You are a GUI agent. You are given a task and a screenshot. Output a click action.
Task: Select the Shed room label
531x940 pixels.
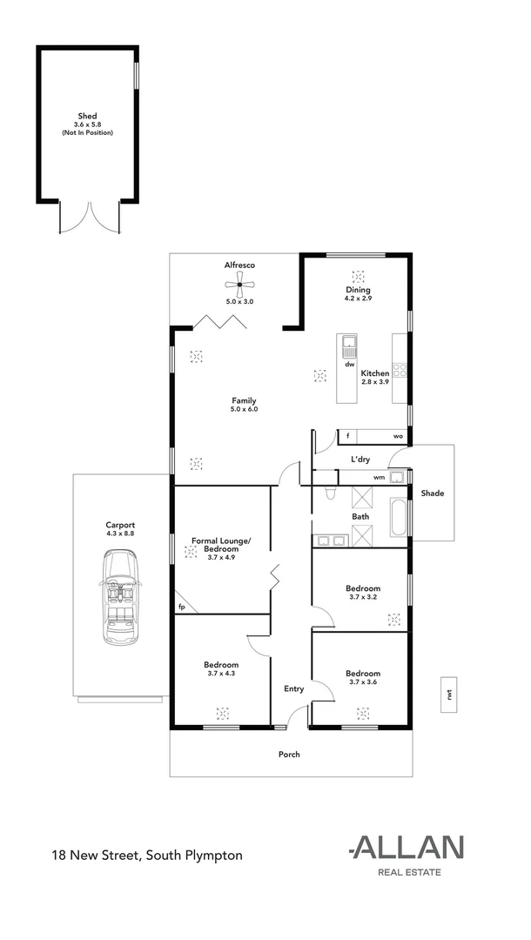tap(86, 115)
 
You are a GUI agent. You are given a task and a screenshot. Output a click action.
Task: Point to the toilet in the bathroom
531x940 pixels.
tap(328, 493)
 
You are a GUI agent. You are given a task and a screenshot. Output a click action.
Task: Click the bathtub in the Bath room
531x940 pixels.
tap(397, 517)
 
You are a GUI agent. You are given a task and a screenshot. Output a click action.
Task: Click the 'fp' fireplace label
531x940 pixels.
tap(182, 607)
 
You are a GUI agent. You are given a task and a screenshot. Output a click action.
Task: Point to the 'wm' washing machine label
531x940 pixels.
tap(379, 477)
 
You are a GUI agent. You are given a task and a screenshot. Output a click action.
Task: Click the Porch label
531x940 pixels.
tap(289, 754)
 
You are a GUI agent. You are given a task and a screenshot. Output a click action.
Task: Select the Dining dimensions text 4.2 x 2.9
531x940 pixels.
tap(358, 299)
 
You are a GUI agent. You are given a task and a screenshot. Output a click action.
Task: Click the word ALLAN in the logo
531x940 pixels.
tap(407, 847)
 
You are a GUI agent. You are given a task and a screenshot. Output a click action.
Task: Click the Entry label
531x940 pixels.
tap(293, 688)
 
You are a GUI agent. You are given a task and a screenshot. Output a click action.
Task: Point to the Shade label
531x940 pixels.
tap(433, 493)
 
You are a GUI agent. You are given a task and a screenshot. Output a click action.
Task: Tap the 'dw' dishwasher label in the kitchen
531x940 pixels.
tap(348, 365)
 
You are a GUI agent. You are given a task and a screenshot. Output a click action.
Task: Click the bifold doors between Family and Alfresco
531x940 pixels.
tap(218, 321)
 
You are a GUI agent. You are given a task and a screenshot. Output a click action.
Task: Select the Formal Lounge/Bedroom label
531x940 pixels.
tap(221, 546)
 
